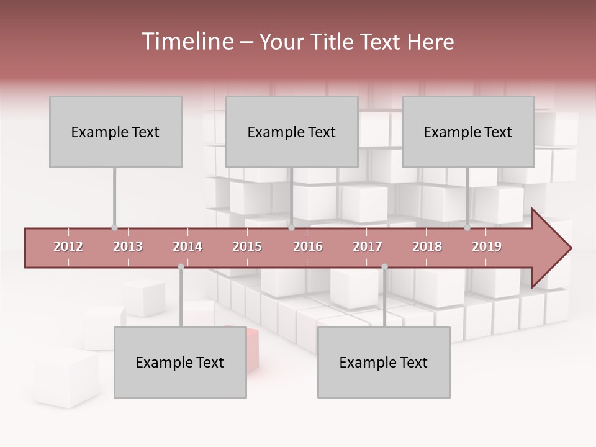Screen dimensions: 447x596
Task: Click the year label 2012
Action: pyautogui.click(x=68, y=246)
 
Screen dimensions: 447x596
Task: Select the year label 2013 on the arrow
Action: pyautogui.click(x=128, y=246)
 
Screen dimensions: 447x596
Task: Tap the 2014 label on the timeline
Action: pyautogui.click(x=187, y=246)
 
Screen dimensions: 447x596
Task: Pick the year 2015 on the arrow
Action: pyautogui.click(x=247, y=246)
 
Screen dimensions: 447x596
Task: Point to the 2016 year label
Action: pyautogui.click(x=308, y=246)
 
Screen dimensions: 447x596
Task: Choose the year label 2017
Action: pyautogui.click(x=368, y=246)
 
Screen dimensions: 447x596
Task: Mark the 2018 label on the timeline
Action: pyautogui.click(x=427, y=246)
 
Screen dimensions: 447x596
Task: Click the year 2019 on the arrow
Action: pyautogui.click(x=487, y=246)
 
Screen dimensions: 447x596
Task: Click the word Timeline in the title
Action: pyautogui.click(x=186, y=42)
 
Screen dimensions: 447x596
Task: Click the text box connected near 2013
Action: pyautogui.click(x=115, y=132)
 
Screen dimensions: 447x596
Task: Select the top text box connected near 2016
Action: pyautogui.click(x=292, y=132)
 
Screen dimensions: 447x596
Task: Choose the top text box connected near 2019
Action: pyautogui.click(x=468, y=132)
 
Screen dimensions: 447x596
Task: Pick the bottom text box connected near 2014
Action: pyautogui.click(x=180, y=362)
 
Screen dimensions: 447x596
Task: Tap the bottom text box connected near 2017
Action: pyautogui.click(x=384, y=362)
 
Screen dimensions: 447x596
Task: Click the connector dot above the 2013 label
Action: pyautogui.click(x=114, y=228)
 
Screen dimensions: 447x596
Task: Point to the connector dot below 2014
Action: pyautogui.click(x=181, y=267)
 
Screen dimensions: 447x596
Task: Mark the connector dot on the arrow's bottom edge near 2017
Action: pyautogui.click(x=384, y=267)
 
